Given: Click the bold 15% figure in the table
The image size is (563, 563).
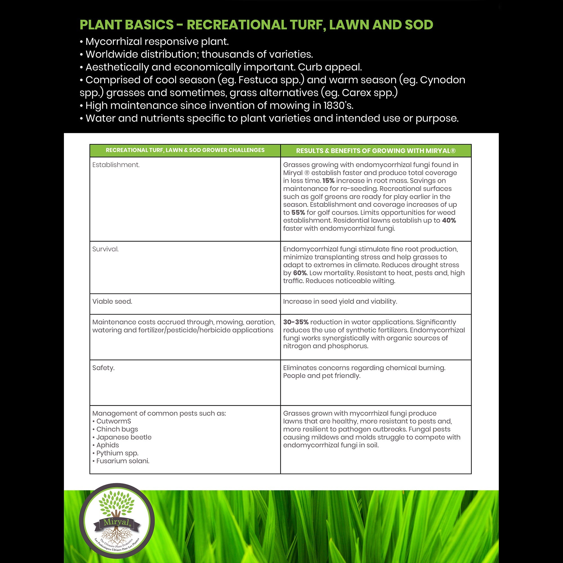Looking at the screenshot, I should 329,181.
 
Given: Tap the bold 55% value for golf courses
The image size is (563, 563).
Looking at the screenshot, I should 298,213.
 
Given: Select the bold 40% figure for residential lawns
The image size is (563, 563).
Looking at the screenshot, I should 449,220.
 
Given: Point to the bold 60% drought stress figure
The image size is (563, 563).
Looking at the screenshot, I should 300,273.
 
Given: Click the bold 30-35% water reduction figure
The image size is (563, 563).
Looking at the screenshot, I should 296,322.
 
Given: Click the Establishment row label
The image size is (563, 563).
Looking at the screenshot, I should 116,165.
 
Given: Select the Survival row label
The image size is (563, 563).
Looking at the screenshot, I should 106,249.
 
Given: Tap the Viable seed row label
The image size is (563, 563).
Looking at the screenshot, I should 112,301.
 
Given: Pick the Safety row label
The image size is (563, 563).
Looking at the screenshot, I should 103,368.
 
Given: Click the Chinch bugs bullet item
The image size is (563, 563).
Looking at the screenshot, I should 117,429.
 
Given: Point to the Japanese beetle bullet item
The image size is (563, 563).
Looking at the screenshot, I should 124,437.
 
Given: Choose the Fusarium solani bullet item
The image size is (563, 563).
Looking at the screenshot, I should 123,461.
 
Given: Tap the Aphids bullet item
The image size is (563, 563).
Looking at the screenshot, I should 108,445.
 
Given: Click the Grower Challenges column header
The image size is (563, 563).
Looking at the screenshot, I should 185,150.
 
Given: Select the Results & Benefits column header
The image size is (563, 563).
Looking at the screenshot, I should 376,151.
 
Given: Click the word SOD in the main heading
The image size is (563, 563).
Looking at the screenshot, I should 419,25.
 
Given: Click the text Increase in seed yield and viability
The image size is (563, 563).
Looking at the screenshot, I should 340,301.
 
